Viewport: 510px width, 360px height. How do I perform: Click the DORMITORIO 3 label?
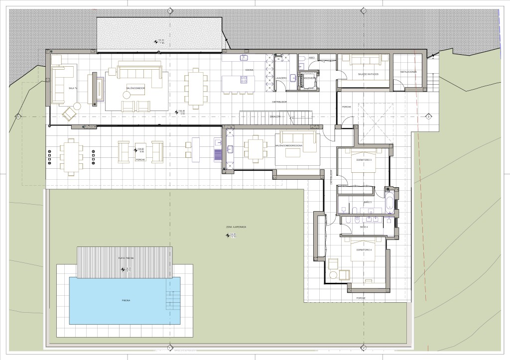365,159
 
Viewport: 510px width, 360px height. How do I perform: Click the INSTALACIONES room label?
408,72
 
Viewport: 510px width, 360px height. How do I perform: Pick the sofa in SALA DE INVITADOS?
368,60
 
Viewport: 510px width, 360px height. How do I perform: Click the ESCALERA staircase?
275,118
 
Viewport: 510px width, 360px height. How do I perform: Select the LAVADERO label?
280,78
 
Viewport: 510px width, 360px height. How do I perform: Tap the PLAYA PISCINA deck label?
124,258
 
